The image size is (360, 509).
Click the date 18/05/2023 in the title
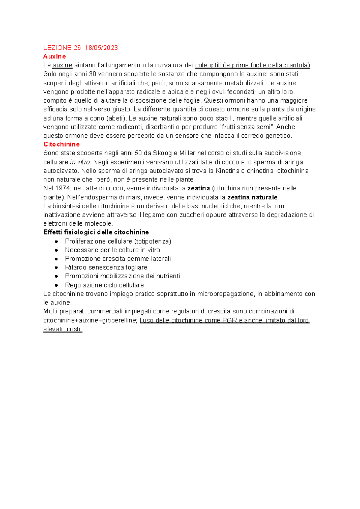[x=101, y=48]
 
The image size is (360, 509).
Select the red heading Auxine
[x=55, y=56]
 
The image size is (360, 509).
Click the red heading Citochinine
[x=61, y=144]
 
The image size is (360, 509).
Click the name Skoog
[x=162, y=153]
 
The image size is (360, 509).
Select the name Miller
[x=187, y=153]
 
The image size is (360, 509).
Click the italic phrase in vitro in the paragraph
[x=80, y=162]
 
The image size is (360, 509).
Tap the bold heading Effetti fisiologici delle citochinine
[x=96, y=232]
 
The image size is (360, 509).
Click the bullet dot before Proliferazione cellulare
[x=56, y=241]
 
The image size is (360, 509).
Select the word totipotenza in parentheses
[x=153, y=241]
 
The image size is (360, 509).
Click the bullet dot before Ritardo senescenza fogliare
[x=56, y=268]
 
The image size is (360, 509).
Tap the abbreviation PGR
[x=230, y=320]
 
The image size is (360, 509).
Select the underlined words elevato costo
[x=63, y=329]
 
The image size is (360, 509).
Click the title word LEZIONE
[x=58, y=48]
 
